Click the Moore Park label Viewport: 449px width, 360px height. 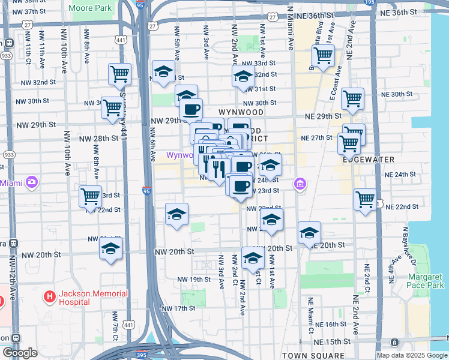click(x=91, y=8)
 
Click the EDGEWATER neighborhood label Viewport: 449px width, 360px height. click(x=368, y=160)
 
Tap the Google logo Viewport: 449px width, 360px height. click(x=19, y=353)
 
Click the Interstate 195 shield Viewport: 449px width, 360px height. click(x=370, y=2)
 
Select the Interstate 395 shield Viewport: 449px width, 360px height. click(x=142, y=355)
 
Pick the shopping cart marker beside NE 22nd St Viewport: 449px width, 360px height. click(x=365, y=200)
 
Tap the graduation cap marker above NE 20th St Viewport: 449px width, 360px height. click(x=309, y=233)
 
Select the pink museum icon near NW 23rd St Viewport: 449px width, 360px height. click(x=300, y=184)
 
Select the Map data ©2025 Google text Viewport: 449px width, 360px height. click(x=412, y=355)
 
